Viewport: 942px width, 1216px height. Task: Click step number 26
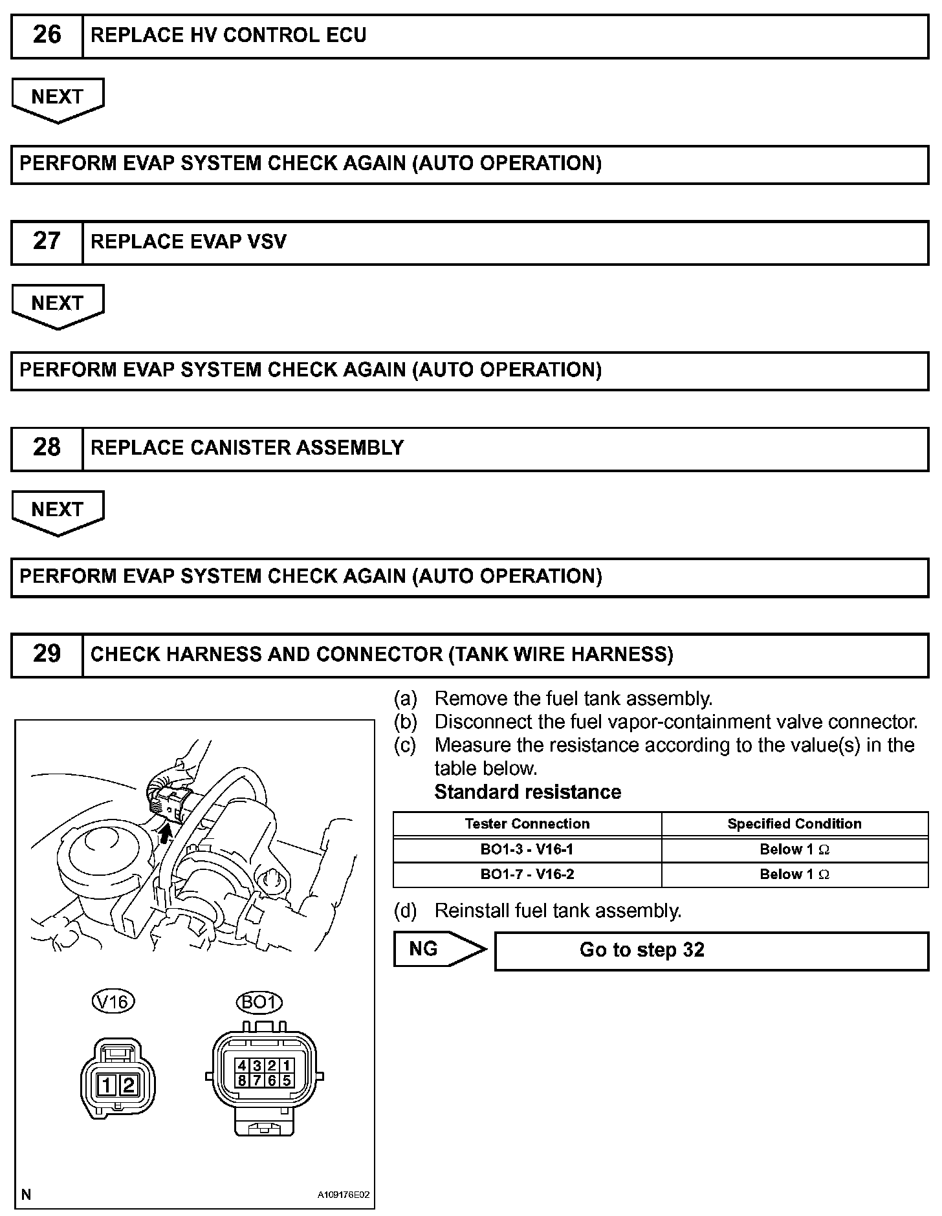point(47,36)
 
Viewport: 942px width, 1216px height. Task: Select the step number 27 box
point(47,242)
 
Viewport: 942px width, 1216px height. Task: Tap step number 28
point(47,448)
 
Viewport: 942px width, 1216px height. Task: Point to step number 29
point(47,655)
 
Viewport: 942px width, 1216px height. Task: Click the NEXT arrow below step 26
point(58,99)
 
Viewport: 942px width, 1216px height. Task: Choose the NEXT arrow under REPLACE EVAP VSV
point(58,305)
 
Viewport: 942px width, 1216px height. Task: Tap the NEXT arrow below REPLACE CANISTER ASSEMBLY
point(58,512)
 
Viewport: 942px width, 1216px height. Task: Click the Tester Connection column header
point(527,824)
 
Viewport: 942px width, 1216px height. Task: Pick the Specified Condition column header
point(794,824)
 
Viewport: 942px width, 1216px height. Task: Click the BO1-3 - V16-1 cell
point(527,849)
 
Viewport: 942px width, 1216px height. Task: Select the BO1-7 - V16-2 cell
point(527,874)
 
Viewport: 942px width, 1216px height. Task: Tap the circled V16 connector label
point(113,1003)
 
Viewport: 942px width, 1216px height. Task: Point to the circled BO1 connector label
point(259,1003)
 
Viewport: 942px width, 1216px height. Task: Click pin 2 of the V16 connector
point(128,1085)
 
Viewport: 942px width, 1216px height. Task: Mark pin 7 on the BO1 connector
point(257,1080)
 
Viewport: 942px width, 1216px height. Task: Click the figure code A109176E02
point(343,1195)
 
